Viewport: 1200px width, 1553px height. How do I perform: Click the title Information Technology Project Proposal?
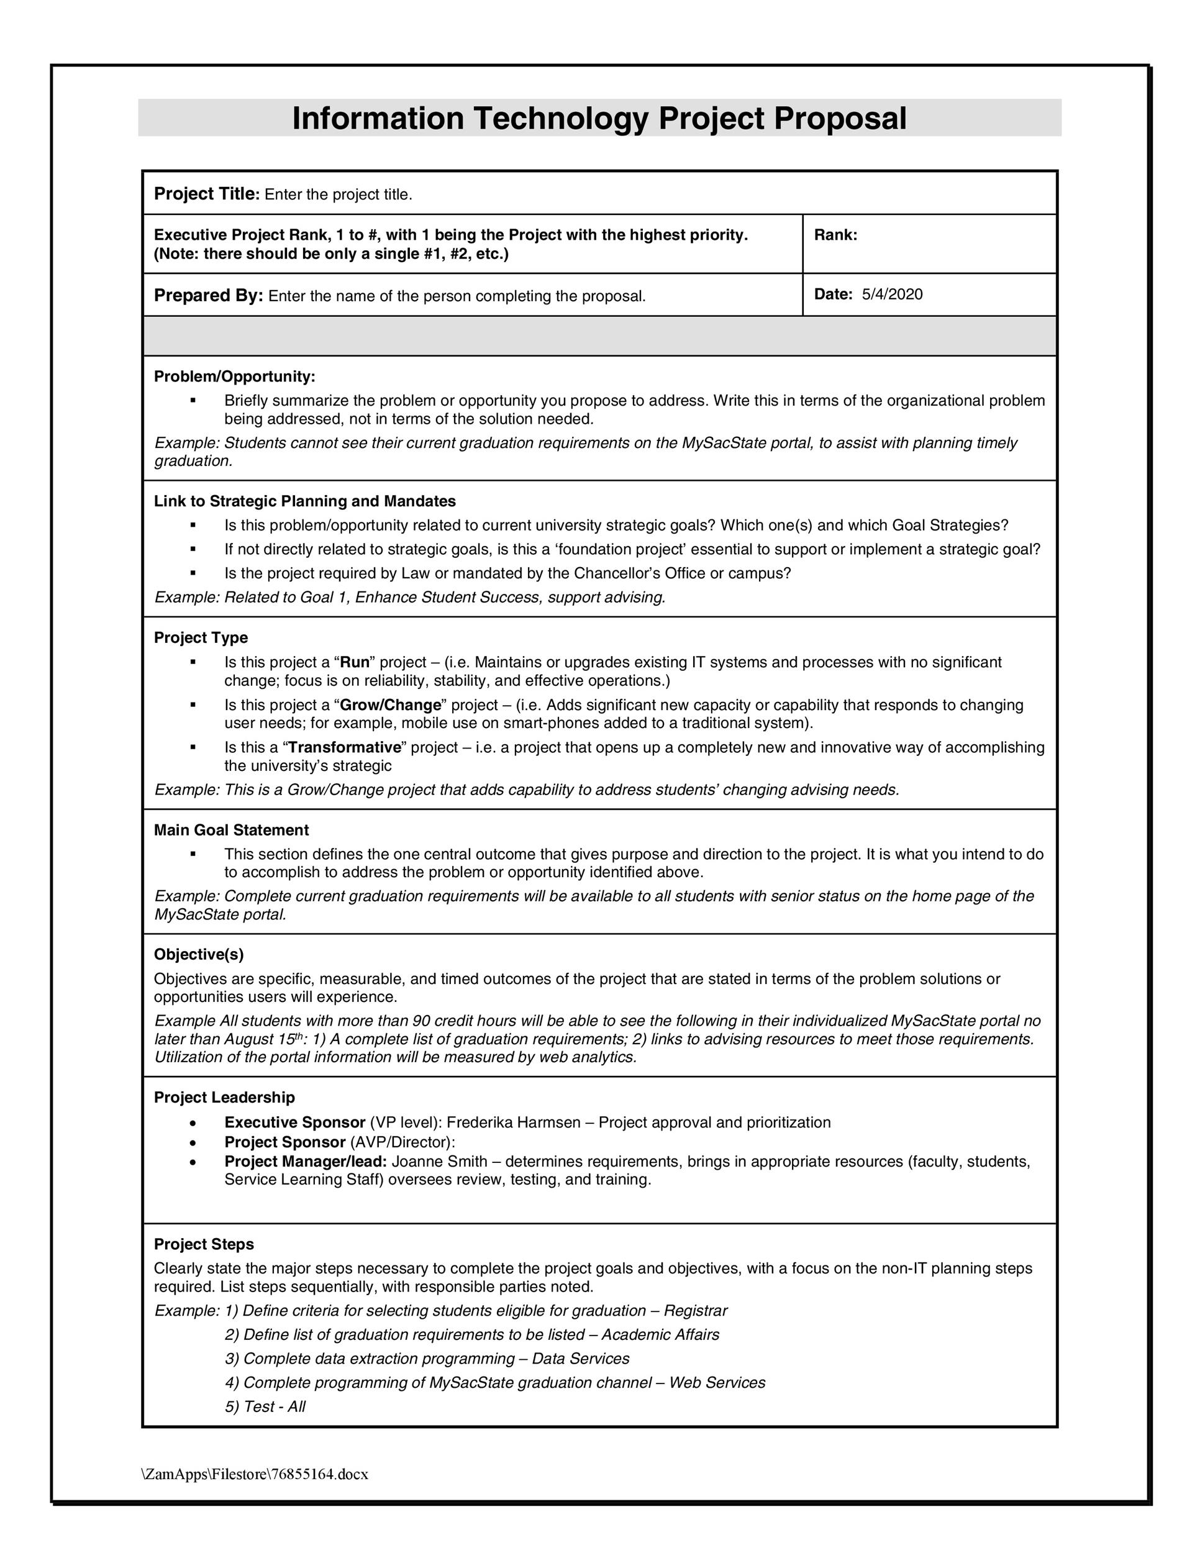coord(599,118)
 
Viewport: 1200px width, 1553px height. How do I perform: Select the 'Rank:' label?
coord(835,235)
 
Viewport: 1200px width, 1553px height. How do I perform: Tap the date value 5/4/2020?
coord(892,294)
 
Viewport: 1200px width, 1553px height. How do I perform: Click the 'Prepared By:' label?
coord(208,296)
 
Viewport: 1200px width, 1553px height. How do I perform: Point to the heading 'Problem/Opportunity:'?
coord(235,376)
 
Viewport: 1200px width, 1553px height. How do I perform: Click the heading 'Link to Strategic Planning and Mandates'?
coord(305,501)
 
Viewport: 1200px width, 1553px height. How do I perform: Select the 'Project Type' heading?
coord(201,638)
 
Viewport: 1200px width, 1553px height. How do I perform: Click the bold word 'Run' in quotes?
coord(355,663)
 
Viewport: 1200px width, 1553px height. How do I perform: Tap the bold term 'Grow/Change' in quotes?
coord(390,706)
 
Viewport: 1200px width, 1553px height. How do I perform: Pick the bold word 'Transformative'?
coord(344,747)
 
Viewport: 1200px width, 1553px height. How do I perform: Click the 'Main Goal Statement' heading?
coord(231,830)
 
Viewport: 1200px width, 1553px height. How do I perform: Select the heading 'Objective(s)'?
coord(199,954)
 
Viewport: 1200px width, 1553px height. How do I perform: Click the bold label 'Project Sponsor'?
coord(284,1142)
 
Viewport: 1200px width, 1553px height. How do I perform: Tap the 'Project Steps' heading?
coord(204,1244)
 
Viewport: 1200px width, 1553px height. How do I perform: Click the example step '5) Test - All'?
coord(265,1406)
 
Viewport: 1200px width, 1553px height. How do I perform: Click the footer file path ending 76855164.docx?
coord(255,1474)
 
